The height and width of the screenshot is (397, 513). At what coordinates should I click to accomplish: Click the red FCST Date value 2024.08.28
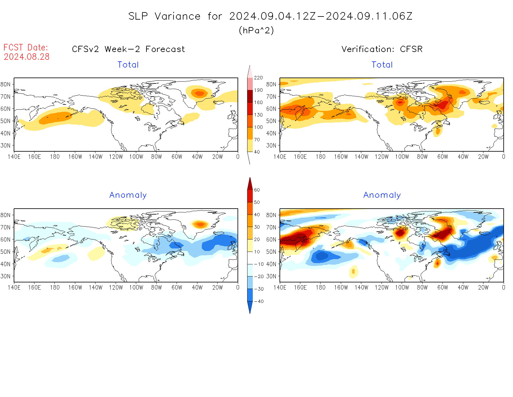27,57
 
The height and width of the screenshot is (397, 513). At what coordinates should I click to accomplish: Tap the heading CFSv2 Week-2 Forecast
128,49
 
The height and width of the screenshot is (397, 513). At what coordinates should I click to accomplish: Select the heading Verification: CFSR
382,49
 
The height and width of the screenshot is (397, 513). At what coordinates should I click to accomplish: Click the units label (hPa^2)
256,30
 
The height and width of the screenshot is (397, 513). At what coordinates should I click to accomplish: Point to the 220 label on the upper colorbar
258,78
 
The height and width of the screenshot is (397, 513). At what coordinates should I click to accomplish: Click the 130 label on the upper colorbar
258,115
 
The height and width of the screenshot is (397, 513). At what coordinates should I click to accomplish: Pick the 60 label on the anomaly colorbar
257,190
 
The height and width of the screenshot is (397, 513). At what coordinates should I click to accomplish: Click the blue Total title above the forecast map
128,65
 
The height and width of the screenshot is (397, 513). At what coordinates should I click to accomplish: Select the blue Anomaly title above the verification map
382,195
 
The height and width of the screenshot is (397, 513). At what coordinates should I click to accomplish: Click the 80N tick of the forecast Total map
6,84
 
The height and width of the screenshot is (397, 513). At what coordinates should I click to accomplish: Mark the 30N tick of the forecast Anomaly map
6,276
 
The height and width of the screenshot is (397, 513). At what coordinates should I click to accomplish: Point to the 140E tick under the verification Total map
280,157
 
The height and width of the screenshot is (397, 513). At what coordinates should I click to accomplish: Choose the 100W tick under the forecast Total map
136,157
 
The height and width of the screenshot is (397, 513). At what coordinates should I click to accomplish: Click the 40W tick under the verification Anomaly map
463,288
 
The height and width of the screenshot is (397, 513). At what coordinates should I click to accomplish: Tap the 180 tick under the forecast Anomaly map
55,288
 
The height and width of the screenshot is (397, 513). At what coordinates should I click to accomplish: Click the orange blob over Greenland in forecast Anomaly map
200,224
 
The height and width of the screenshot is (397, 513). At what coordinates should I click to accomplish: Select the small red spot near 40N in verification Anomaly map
437,263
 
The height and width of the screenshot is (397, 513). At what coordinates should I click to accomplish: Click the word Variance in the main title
178,16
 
